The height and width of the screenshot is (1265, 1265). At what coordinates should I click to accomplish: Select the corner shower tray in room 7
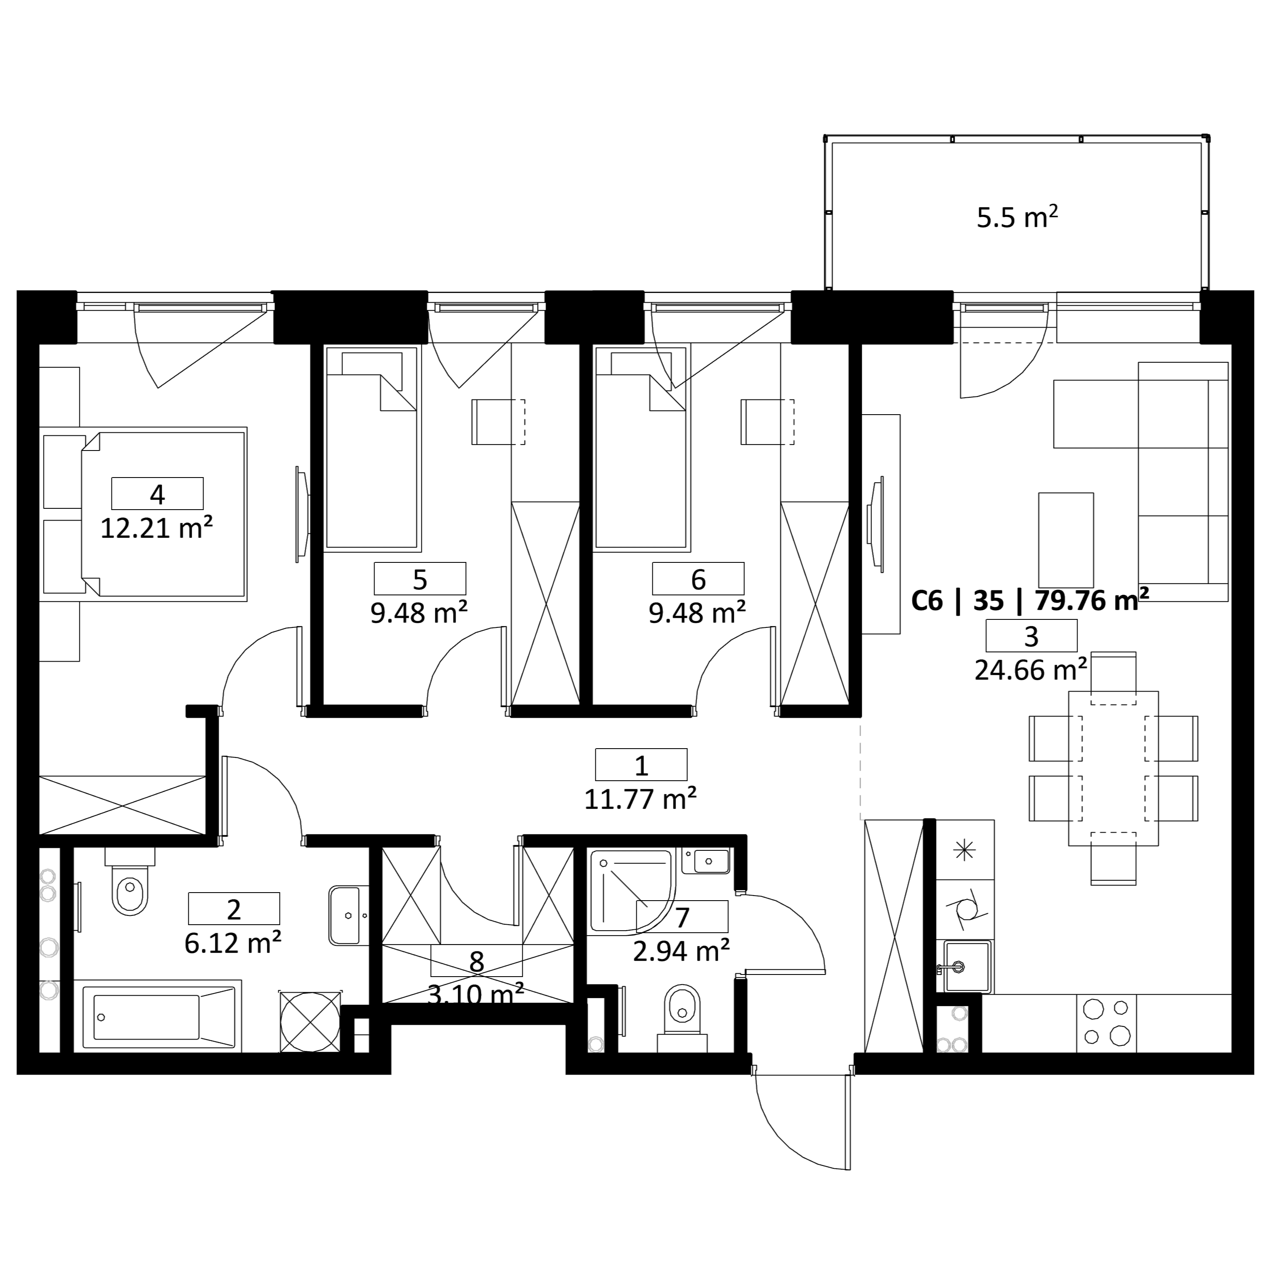[631, 890]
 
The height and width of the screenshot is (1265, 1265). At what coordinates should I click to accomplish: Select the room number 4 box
[157, 494]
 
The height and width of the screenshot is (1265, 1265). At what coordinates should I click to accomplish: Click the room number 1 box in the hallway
[641, 765]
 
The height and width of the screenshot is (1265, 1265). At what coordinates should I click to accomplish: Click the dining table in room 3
[1113, 768]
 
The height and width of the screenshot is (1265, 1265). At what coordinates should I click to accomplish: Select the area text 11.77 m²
[640, 799]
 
